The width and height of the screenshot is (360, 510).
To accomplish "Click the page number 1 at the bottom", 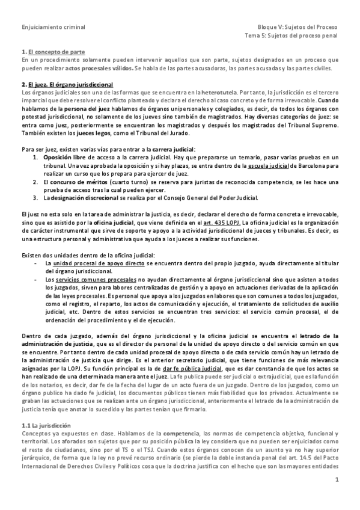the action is (337, 497).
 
